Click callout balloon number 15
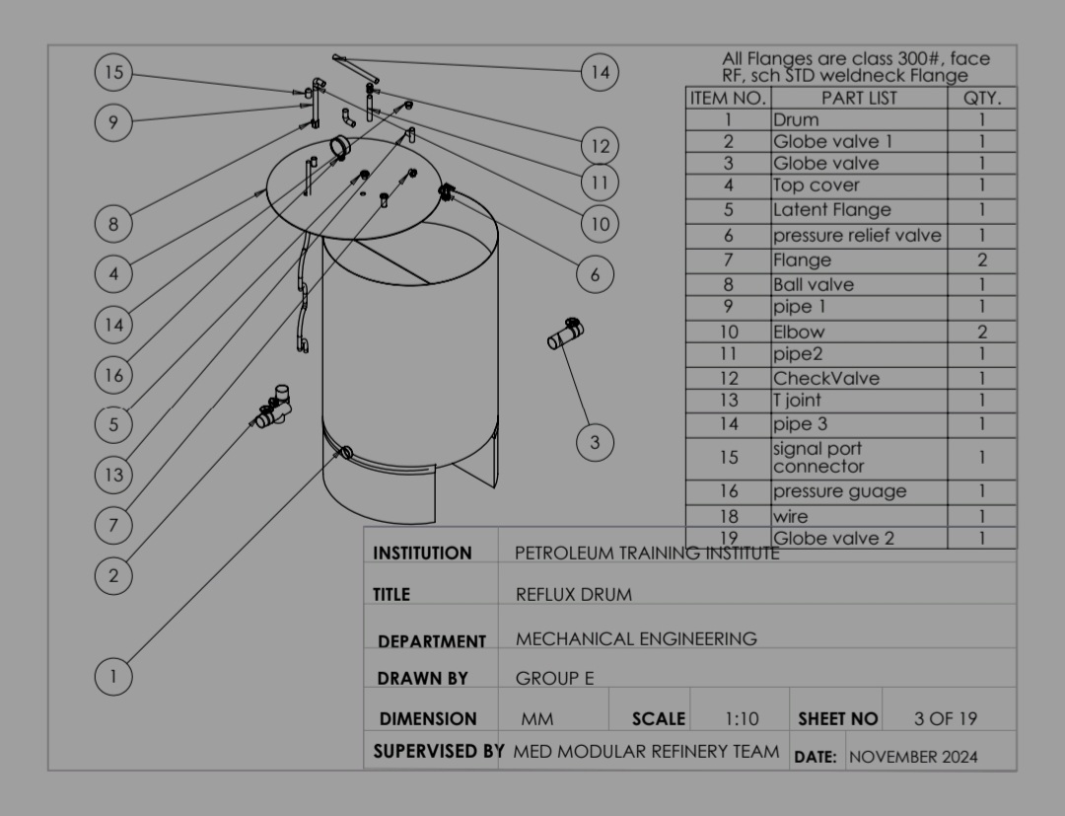tap(114, 72)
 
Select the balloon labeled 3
tap(595, 442)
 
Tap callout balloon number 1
tap(113, 677)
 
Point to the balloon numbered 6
tap(595, 274)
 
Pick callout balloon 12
tap(601, 146)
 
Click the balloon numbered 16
tap(113, 375)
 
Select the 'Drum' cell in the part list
tap(796, 120)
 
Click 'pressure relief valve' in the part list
tap(857, 236)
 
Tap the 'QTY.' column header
tap(981, 99)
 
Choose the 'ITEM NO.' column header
tap(728, 99)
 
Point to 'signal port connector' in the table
tap(817, 457)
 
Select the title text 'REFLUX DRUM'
tap(574, 595)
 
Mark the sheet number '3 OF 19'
tap(946, 719)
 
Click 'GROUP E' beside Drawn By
tap(555, 679)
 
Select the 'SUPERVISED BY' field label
tap(438, 752)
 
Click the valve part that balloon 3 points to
tap(566, 334)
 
